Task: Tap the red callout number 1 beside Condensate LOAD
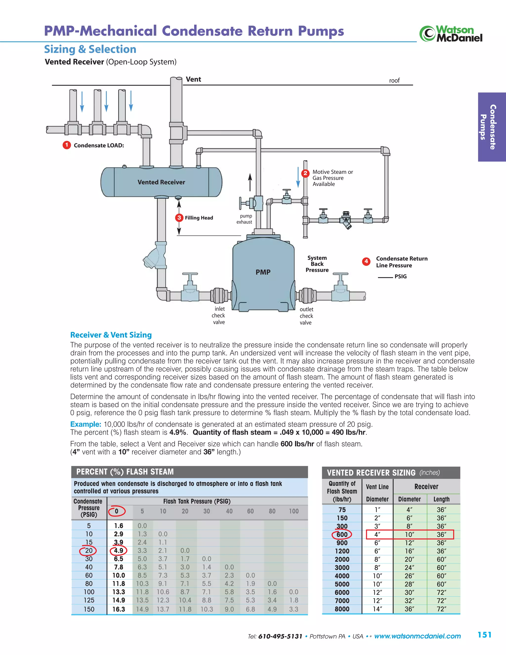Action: [66, 145]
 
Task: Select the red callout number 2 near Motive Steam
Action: [305, 173]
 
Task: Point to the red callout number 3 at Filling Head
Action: [179, 218]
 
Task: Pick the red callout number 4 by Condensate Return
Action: [366, 261]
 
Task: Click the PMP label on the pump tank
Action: [263, 272]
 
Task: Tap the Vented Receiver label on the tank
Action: [161, 182]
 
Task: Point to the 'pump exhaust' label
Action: [245, 219]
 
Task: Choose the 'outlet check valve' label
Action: [306, 316]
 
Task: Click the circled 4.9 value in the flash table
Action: [119, 551]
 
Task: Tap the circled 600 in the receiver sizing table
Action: [342, 534]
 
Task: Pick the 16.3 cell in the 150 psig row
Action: [119, 609]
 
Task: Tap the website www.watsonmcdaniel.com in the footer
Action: [417, 636]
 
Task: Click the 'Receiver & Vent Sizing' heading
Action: [111, 335]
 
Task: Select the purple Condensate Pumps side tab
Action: [492, 127]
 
